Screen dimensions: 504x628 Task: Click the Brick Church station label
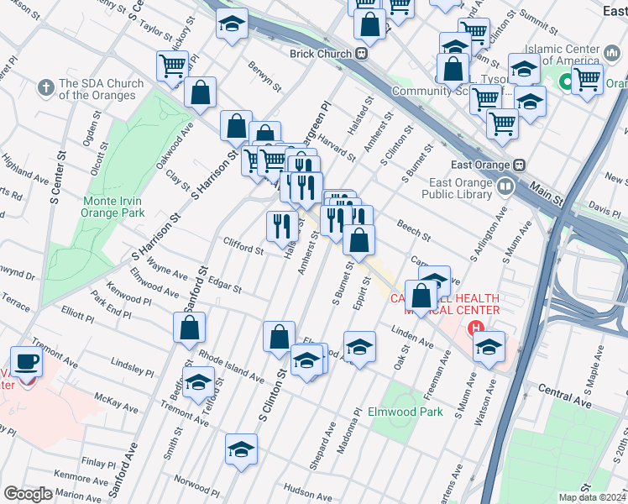(x=322, y=54)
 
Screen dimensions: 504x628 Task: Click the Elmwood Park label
(x=405, y=412)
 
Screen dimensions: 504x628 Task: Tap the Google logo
(x=28, y=494)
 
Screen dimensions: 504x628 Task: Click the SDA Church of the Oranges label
(x=97, y=89)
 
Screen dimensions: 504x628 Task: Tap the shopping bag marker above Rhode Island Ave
(x=190, y=328)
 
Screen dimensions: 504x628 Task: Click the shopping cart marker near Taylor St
(x=172, y=66)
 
